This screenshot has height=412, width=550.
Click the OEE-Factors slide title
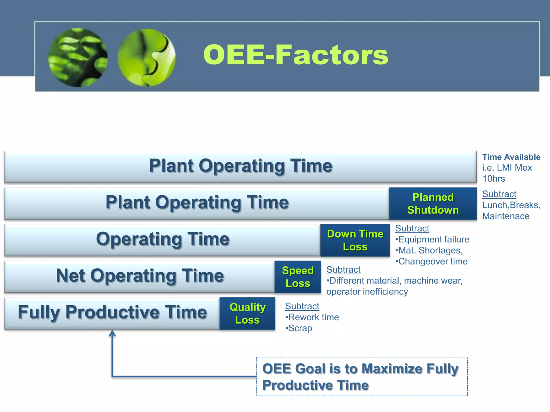(295, 55)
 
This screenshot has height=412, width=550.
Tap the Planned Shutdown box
(433, 204)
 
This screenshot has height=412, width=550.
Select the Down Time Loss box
(355, 240)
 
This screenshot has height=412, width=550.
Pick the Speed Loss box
(298, 277)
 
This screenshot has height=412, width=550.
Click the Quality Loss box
(247, 313)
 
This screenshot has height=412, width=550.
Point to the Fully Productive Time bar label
(112, 312)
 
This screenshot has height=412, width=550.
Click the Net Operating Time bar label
(140, 276)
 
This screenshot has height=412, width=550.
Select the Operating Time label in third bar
(163, 239)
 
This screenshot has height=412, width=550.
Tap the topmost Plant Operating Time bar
(241, 166)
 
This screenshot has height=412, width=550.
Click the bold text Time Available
(511, 157)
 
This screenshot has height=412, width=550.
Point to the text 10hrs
(494, 179)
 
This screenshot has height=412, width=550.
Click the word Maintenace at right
(506, 216)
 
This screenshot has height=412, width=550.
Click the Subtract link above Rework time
(302, 306)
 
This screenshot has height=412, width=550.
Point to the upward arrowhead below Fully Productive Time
(112, 334)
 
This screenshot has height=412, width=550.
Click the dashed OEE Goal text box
(362, 377)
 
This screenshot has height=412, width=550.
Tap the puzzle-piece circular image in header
(147, 57)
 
